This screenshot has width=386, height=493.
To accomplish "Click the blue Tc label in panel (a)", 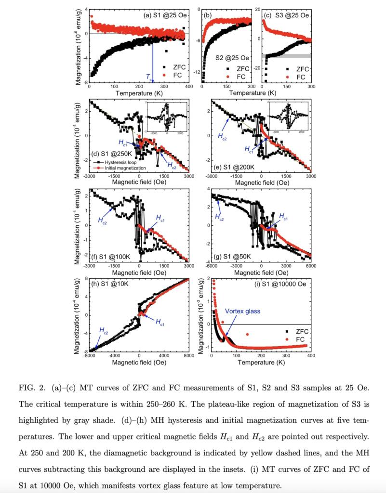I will pos(149,77).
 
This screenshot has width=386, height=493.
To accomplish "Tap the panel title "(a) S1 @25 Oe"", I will pos(165,15).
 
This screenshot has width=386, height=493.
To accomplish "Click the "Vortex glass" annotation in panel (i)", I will pos(242,311).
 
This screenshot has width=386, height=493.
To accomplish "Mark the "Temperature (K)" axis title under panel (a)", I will pos(138,92).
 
